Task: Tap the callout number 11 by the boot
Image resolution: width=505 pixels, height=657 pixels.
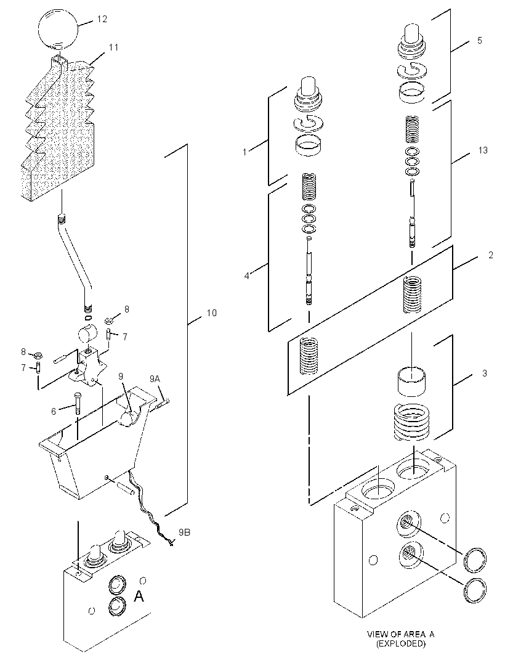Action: pos(113,47)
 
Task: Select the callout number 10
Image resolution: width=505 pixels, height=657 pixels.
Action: pos(212,312)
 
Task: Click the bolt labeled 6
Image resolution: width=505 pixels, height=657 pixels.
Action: pos(78,404)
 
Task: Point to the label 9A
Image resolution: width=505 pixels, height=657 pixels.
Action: pos(155,379)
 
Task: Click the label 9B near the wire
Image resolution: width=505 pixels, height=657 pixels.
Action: pos(185,532)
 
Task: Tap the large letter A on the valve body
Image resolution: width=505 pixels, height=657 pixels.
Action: pos(139,595)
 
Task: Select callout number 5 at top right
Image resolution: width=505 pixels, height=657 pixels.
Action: pos(480,40)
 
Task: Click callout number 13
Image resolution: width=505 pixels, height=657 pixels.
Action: pos(483,150)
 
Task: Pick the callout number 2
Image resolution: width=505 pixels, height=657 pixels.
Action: pos(491,255)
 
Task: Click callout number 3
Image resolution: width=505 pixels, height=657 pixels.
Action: pos(485,373)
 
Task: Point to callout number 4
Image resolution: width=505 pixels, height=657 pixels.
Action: pos(247,275)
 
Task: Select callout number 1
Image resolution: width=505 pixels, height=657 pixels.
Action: pos(245,152)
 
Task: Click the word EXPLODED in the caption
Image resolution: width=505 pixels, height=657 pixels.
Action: pos(401,643)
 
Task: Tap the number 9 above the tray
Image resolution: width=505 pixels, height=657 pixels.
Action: pos(121,377)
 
